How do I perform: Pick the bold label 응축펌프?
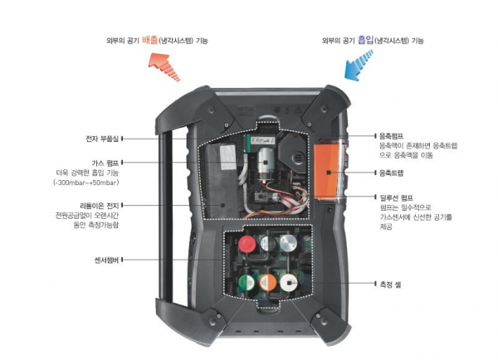pyautogui.click(x=391, y=135)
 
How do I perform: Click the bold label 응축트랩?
pyautogui.click(x=391, y=173)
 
